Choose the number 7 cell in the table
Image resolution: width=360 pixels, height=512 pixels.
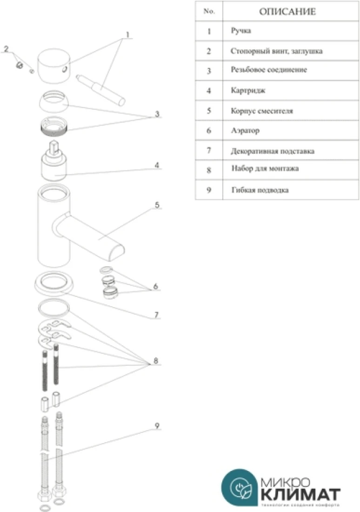coord(209,151)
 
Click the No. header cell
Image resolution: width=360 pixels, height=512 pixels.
coord(209,12)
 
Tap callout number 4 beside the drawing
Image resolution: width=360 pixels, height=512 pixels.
coord(157,165)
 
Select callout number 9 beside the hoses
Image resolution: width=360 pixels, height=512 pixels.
coord(157,425)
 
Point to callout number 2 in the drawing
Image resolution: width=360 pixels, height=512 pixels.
coord(6,49)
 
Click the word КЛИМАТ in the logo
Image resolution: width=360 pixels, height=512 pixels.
coord(300,493)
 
